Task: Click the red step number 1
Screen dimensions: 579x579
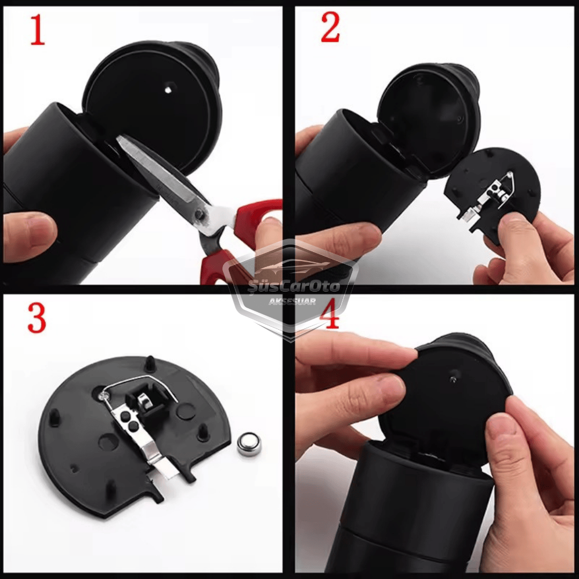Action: click(x=38, y=30)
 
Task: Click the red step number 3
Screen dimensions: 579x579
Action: click(x=36, y=318)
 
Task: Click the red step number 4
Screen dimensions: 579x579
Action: click(x=330, y=315)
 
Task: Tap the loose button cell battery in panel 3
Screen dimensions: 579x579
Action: click(x=249, y=444)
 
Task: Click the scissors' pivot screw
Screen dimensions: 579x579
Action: click(x=200, y=213)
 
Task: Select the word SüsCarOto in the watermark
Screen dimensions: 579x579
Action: click(x=294, y=287)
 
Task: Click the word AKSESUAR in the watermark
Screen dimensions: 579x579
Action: click(x=292, y=302)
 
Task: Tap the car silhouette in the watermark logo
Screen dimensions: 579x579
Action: click(x=292, y=266)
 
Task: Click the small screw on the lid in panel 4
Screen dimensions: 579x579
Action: click(x=453, y=378)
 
